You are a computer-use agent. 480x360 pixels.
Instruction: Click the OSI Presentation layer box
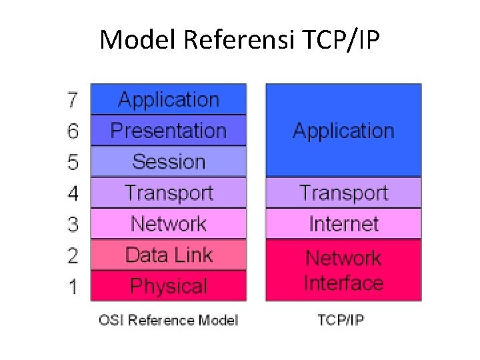click(168, 131)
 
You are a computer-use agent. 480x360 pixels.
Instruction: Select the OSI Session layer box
click(168, 161)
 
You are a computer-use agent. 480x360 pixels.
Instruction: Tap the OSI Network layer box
click(168, 224)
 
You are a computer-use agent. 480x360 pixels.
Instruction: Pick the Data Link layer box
click(168, 255)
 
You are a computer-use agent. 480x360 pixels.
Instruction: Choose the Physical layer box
click(168, 286)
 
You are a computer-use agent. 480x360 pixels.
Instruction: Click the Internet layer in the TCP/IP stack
click(343, 224)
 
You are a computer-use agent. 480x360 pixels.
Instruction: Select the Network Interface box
click(343, 270)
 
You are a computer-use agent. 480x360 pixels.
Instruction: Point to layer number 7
click(73, 100)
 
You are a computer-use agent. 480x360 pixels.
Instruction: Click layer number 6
click(73, 131)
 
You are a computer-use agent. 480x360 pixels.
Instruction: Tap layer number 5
click(73, 162)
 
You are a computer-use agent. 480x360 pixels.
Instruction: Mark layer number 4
click(73, 193)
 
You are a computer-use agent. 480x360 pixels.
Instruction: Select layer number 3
click(73, 225)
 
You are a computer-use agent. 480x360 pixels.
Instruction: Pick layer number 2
click(73, 255)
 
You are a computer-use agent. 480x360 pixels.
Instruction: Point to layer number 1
click(73, 287)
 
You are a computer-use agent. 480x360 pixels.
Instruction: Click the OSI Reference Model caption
click(168, 320)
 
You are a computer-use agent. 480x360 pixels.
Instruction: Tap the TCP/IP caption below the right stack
click(341, 320)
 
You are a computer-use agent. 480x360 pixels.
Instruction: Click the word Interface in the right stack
click(343, 283)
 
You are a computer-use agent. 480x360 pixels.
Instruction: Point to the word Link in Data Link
click(193, 255)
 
